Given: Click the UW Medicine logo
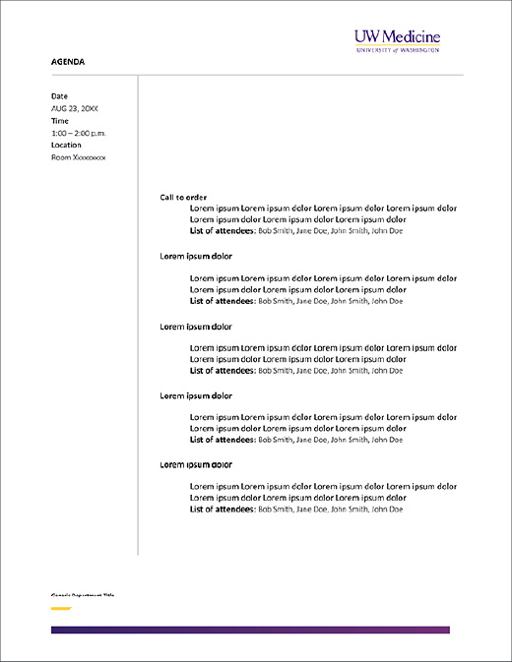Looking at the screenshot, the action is click(x=397, y=39).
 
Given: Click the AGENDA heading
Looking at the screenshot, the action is click(x=68, y=62).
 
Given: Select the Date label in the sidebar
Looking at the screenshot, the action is click(x=59, y=95).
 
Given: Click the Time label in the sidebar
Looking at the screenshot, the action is click(x=60, y=120).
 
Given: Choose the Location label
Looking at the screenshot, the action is click(x=66, y=145).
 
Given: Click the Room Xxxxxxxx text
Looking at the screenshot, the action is click(x=78, y=156).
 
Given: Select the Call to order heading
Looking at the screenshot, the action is click(x=183, y=197).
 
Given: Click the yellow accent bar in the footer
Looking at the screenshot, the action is click(x=60, y=609).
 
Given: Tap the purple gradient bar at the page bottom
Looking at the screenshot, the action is click(x=250, y=630).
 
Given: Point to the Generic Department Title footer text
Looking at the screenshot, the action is click(x=83, y=595).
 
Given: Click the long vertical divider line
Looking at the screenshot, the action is click(x=138, y=315).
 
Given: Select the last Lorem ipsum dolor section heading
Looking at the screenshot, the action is click(x=196, y=464).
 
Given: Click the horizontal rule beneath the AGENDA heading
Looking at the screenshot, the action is click(x=256, y=74).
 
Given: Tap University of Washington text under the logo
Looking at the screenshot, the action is click(x=397, y=48).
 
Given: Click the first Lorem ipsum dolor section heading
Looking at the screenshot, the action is click(x=196, y=256).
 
